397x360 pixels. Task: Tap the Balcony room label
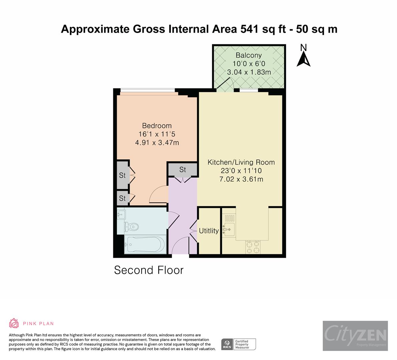click(249, 55)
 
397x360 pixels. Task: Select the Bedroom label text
click(157, 126)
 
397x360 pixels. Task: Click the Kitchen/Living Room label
click(241, 162)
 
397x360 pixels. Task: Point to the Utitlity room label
click(209, 231)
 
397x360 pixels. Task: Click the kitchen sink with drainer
click(229, 225)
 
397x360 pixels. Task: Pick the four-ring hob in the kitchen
click(253, 247)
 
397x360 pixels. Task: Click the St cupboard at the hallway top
click(182, 170)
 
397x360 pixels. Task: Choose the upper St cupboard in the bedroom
click(122, 175)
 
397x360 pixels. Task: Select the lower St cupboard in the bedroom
click(122, 198)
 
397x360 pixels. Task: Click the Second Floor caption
click(149, 270)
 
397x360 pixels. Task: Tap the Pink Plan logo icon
click(14, 323)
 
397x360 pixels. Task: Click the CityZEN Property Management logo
click(355, 335)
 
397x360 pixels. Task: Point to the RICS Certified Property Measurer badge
click(239, 344)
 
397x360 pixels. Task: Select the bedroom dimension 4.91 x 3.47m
click(157, 143)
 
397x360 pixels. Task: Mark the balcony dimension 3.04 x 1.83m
click(249, 72)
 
